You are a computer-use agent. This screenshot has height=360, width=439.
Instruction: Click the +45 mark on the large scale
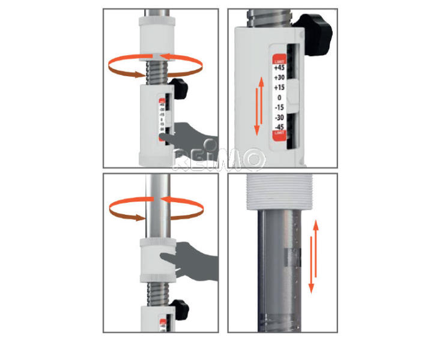tap(278, 68)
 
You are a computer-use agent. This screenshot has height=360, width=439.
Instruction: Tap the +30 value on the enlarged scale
tap(278, 78)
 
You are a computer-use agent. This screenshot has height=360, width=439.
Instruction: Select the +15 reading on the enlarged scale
tap(278, 88)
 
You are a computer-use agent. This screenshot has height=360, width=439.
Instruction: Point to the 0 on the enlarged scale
tap(279, 97)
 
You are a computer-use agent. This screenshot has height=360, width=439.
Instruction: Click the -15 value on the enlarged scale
tap(278, 107)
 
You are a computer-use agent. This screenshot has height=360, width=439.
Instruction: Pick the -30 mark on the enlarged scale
tap(278, 117)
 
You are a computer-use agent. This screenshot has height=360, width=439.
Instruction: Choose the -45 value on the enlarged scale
tap(278, 127)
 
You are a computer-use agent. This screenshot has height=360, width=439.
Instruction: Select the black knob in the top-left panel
tap(178, 88)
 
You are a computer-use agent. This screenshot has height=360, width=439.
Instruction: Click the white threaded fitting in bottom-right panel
tap(280, 193)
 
